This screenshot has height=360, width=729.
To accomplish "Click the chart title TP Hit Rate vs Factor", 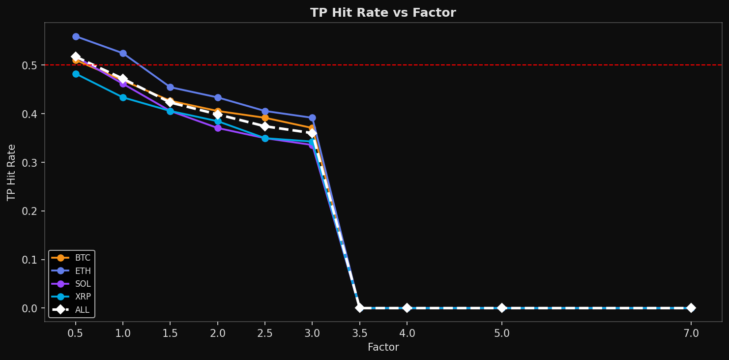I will pyautogui.click(x=383, y=13).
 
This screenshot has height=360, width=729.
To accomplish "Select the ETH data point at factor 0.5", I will pyautogui.click(x=76, y=36).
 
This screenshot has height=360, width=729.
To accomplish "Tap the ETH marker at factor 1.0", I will pyautogui.click(x=123, y=53).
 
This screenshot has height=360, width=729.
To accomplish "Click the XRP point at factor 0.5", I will pyautogui.click(x=76, y=74).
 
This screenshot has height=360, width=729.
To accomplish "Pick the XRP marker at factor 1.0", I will pyautogui.click(x=123, y=97).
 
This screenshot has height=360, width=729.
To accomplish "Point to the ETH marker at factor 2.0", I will pyautogui.click(x=218, y=97).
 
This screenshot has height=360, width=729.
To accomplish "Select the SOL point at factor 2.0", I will pyautogui.click(x=218, y=128).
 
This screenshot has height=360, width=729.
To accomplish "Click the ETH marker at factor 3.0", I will pyautogui.click(x=312, y=118).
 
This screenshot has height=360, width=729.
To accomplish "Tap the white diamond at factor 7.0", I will pyautogui.click(x=691, y=308).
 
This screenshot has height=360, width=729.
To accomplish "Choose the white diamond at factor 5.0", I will pyautogui.click(x=501, y=308).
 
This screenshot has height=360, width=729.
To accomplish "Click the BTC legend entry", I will pyautogui.click(x=71, y=258).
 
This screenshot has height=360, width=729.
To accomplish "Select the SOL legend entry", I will pyautogui.click(x=71, y=284).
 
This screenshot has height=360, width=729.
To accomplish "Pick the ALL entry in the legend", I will pyautogui.click(x=71, y=310).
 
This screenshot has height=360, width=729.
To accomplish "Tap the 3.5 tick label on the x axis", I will pyautogui.click(x=359, y=333).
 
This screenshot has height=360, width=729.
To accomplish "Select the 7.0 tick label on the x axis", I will pyautogui.click(x=691, y=333).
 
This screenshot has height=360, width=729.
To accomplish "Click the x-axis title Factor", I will pyautogui.click(x=383, y=347).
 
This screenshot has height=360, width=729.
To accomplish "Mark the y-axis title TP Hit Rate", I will pyautogui.click(x=12, y=172).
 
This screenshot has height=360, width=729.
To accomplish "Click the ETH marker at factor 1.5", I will pyautogui.click(x=170, y=87).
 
